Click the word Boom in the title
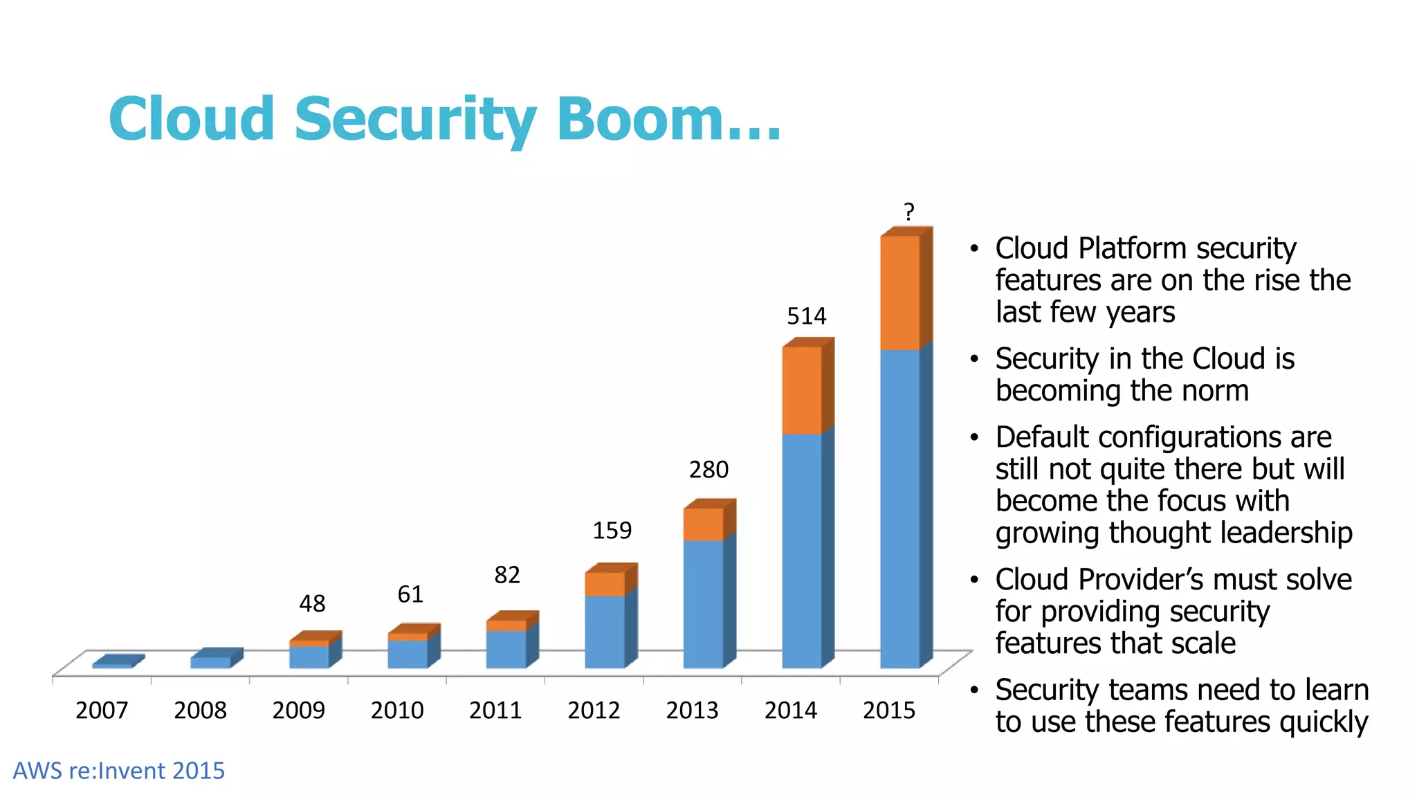tap(640, 119)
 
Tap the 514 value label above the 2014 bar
tap(806, 316)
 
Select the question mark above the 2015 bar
tap(908, 212)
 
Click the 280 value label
tap(708, 470)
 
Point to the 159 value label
tap(612, 531)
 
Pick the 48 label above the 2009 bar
tap(312, 604)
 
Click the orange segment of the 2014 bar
tap(801, 390)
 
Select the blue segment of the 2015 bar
tap(899, 509)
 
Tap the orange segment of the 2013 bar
tap(703, 524)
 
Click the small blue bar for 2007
tap(112, 665)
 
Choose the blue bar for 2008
tap(210, 662)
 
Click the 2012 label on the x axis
tap(594, 711)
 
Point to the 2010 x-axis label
tap(396, 711)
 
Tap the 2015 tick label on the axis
tap(888, 711)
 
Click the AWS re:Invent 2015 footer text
tap(119, 771)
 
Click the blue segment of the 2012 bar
tap(604, 631)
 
